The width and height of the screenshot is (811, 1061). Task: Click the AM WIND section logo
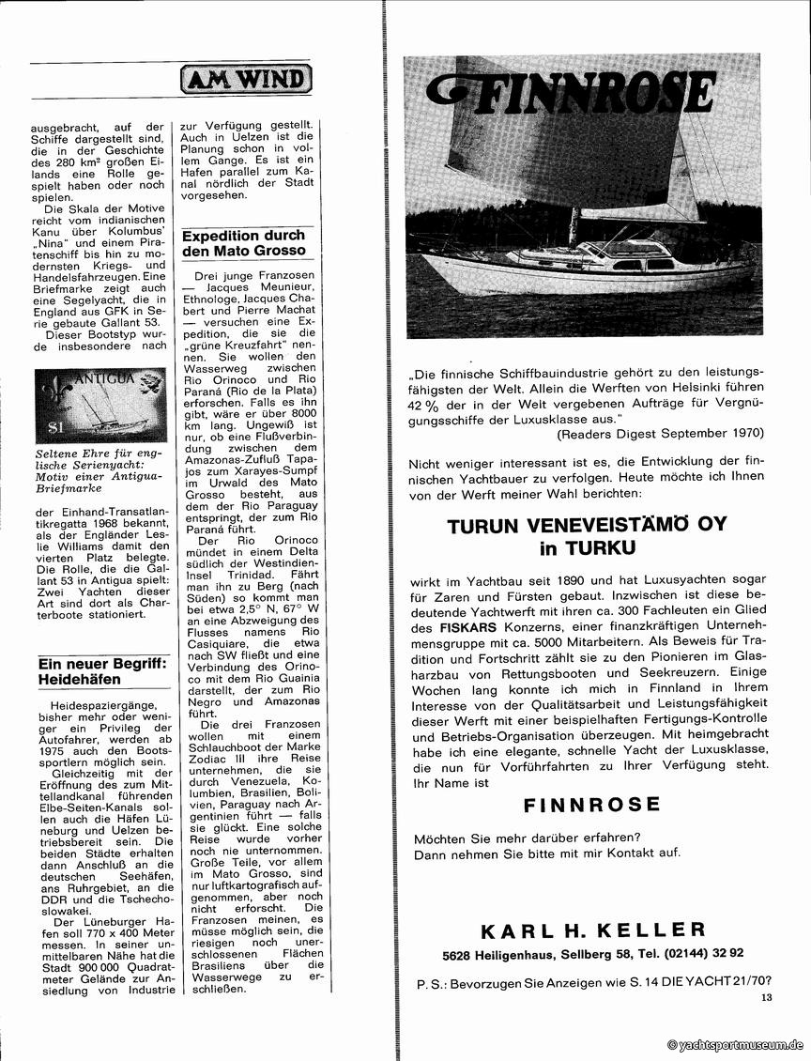click(246, 79)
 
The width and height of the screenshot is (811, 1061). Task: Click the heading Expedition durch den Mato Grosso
click(243, 243)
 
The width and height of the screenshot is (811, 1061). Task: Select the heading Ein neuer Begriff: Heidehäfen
click(101, 670)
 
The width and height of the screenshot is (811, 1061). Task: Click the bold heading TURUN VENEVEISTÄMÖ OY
click(588, 525)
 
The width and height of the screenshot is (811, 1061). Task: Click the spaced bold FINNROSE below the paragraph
click(591, 805)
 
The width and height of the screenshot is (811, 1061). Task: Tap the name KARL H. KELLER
click(592, 930)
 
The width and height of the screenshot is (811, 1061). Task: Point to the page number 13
click(767, 998)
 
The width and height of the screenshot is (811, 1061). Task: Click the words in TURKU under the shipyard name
click(588, 549)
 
